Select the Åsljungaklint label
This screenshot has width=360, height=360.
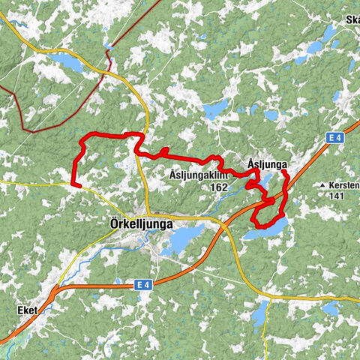[198, 175]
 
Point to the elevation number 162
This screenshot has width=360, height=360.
[219, 187]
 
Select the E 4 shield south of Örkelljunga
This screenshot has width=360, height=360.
[144, 284]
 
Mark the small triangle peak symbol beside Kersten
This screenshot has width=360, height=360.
[322, 184]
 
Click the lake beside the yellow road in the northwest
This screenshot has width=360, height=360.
[67, 61]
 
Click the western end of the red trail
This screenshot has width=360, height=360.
[73, 183]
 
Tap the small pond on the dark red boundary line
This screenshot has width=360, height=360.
[109, 46]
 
